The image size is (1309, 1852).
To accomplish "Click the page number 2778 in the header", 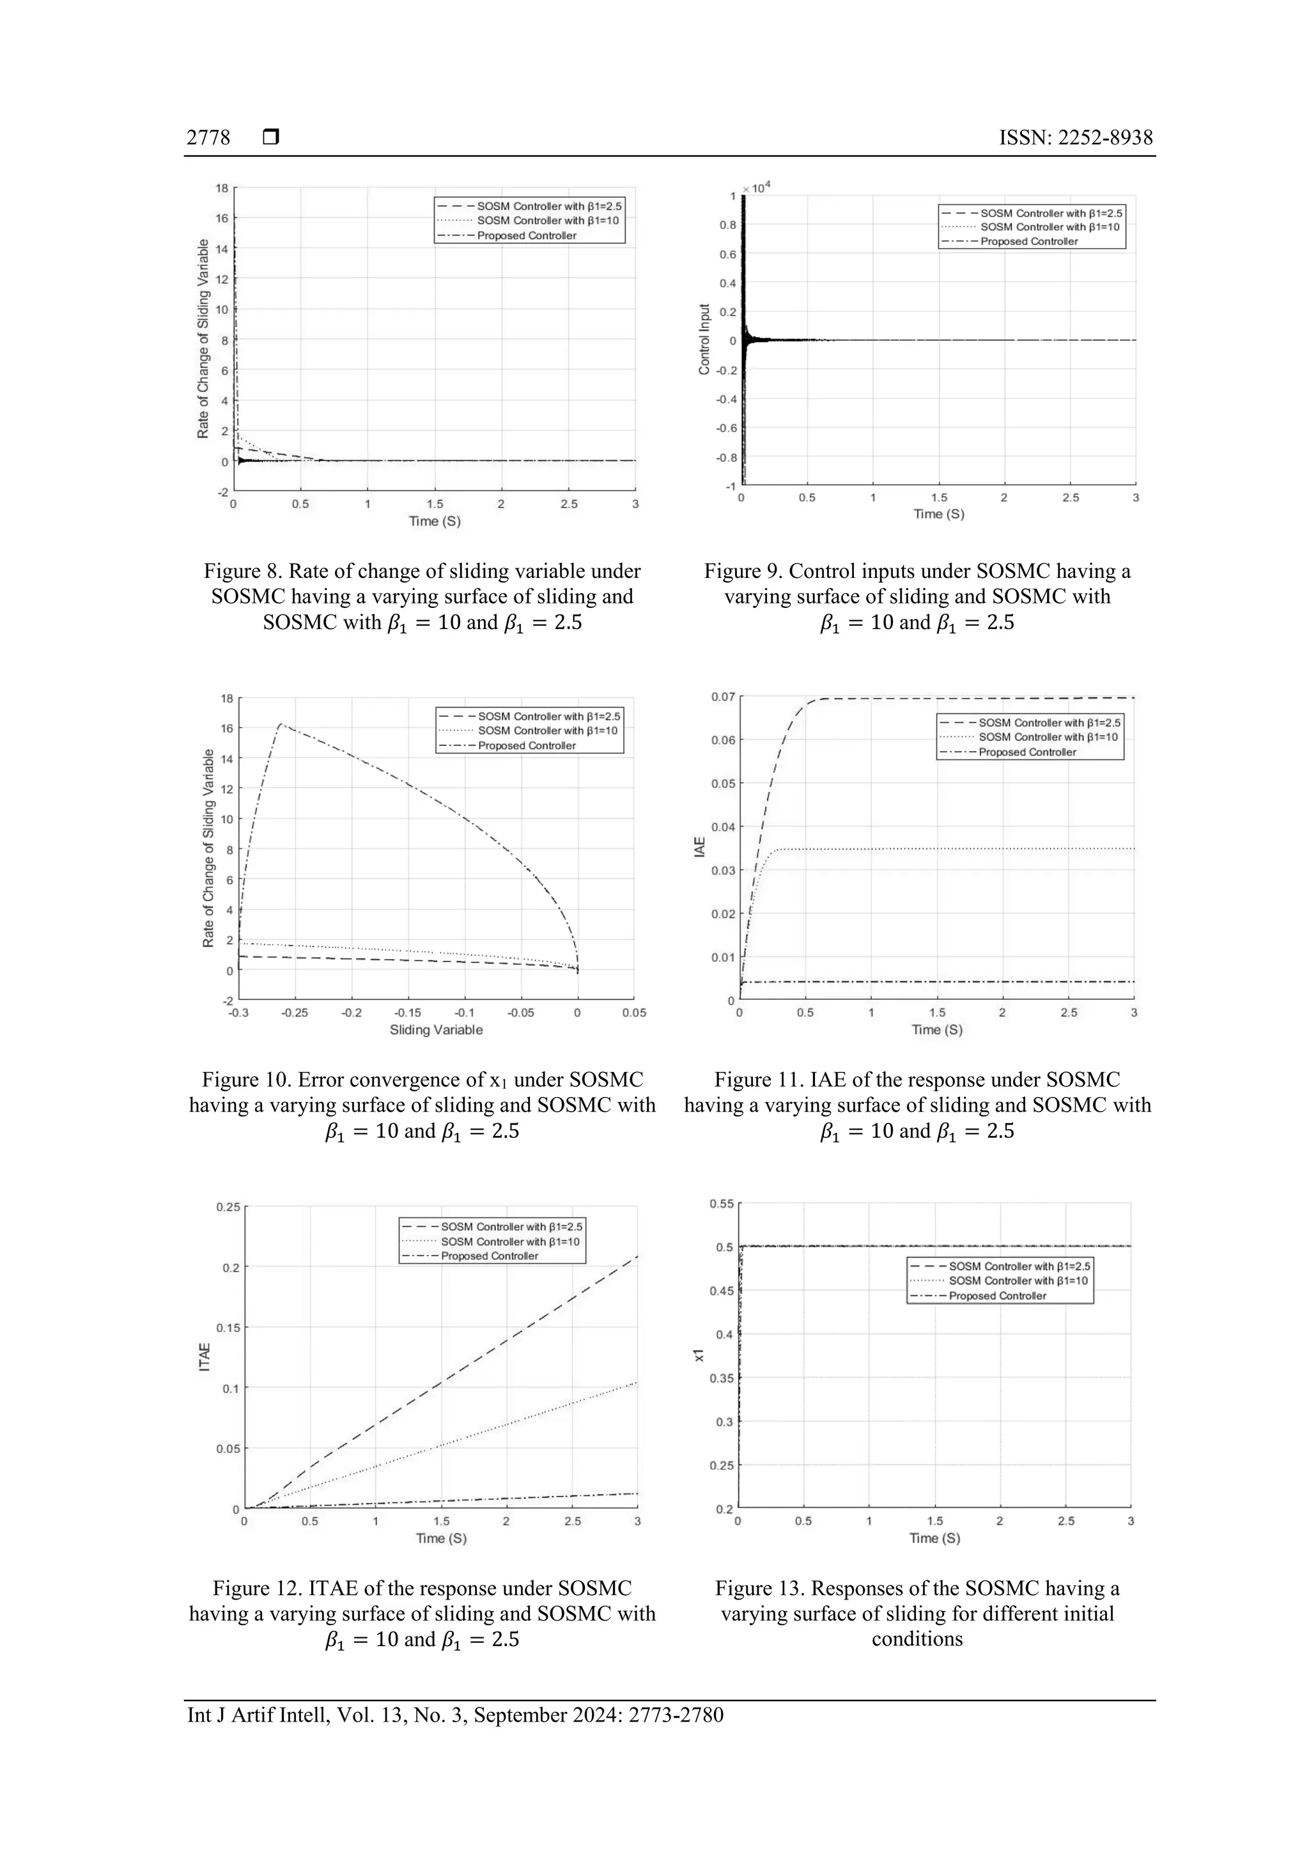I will tap(208, 138).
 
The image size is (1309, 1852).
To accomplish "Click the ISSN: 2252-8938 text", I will tap(1075, 138).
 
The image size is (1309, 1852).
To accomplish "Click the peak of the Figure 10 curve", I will tap(280, 724).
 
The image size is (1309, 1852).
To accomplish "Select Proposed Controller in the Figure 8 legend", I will tap(526, 235).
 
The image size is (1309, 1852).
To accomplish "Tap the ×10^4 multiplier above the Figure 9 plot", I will tap(757, 188).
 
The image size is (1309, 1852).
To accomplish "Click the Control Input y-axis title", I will tap(704, 339).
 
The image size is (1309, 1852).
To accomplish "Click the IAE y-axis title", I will tap(700, 847).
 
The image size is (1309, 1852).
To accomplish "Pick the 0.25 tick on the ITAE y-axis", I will tap(228, 1207).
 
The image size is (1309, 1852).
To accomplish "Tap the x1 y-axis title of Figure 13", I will tap(699, 1355).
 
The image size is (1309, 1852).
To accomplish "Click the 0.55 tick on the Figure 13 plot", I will tap(721, 1204).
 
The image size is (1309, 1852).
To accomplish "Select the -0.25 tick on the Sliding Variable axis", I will tap(295, 1013).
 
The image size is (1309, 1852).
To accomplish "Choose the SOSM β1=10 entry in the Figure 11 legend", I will tap(1048, 737).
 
